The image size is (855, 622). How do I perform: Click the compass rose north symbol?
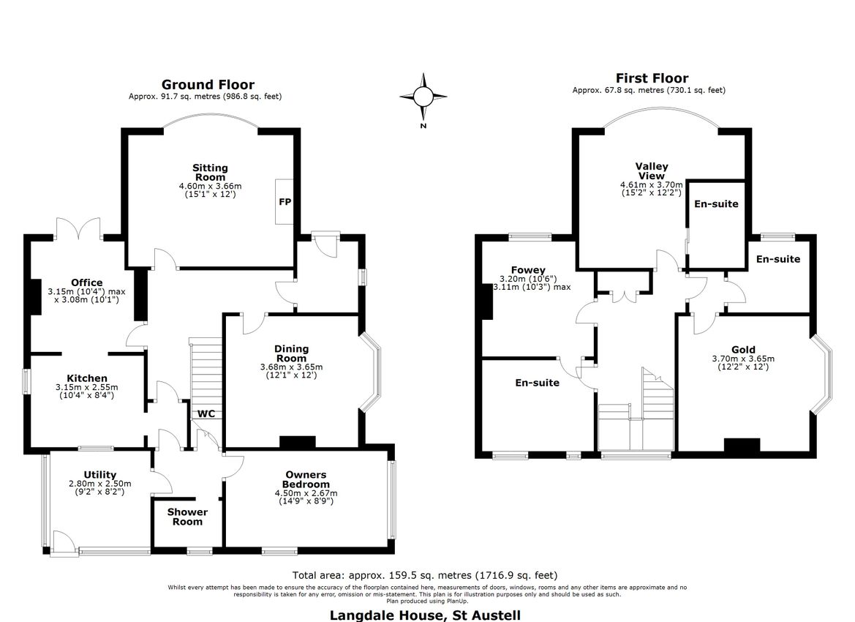tap(423, 97)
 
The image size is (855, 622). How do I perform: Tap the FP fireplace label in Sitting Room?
tap(285, 201)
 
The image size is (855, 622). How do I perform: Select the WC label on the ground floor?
tap(206, 413)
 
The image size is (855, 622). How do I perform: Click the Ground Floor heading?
tap(208, 85)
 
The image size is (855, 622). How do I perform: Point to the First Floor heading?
tap(651, 78)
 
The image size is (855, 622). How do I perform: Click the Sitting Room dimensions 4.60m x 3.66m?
tap(210, 187)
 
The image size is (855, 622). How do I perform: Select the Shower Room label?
tap(187, 517)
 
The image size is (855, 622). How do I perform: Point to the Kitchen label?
tap(87, 378)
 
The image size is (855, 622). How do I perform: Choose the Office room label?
tap(86, 282)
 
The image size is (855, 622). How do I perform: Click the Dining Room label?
tap(291, 353)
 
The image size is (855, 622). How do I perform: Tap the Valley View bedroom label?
tap(651, 171)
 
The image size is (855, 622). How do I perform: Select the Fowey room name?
tap(529, 270)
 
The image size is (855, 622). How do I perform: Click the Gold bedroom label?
tap(743, 350)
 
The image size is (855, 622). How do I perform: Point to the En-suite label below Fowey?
tap(537, 383)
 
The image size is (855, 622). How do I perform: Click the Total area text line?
tap(429, 575)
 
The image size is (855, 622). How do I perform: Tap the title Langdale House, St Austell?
tap(425, 615)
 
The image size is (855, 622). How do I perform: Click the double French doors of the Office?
tap(78, 228)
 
